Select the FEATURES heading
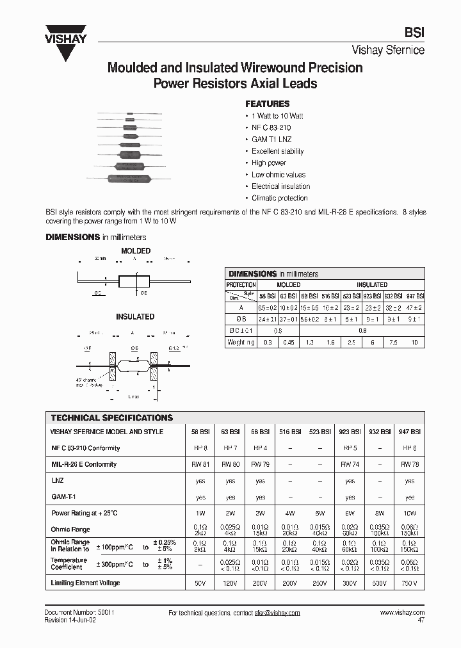coord(267,104)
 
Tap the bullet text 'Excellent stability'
coord(277,151)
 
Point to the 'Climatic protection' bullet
coord(279,198)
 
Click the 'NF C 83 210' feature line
coord(271,127)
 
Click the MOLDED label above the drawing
coord(136,251)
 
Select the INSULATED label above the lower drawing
coord(135,316)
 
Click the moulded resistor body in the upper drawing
coord(134,281)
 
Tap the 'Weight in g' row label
coord(241,343)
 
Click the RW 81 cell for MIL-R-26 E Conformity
coord(200,464)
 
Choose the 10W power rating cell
coord(410,513)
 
